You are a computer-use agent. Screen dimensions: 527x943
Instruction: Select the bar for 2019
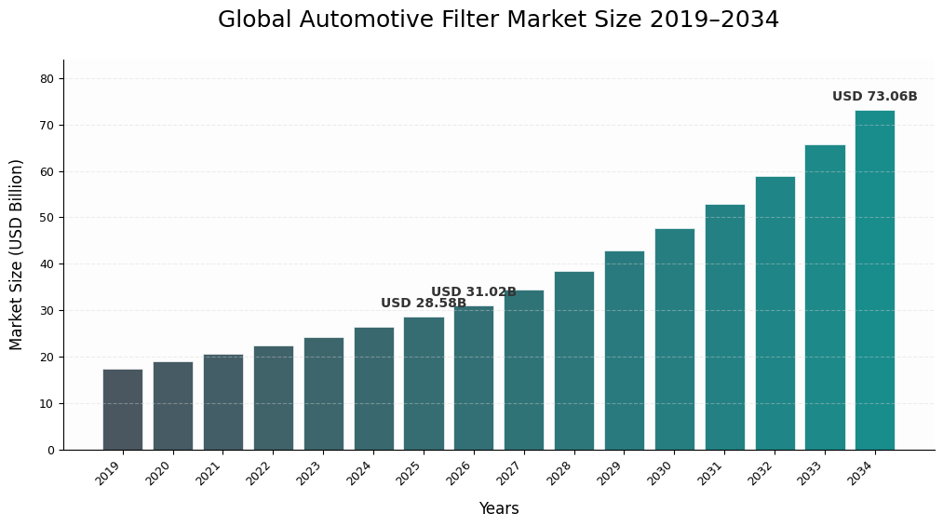(x=123, y=410)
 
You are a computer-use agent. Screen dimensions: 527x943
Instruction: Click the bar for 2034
(x=875, y=279)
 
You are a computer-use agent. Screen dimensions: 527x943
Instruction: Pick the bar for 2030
(x=674, y=339)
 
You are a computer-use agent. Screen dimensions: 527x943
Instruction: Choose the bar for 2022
(x=273, y=398)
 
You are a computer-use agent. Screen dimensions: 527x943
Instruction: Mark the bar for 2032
(x=775, y=313)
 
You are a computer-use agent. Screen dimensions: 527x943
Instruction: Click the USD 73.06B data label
(x=874, y=97)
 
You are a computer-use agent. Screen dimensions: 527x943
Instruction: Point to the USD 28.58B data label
(x=424, y=304)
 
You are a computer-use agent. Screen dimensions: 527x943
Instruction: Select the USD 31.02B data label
(x=473, y=292)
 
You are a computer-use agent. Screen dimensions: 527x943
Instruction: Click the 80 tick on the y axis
(x=47, y=79)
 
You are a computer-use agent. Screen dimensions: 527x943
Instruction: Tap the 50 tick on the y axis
(x=47, y=218)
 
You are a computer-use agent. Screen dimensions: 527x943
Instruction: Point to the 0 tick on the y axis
(x=50, y=451)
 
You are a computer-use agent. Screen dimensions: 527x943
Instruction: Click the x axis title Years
(x=499, y=509)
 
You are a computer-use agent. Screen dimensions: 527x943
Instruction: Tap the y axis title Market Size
(x=17, y=254)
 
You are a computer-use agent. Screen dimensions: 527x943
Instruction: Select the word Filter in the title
(x=465, y=20)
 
